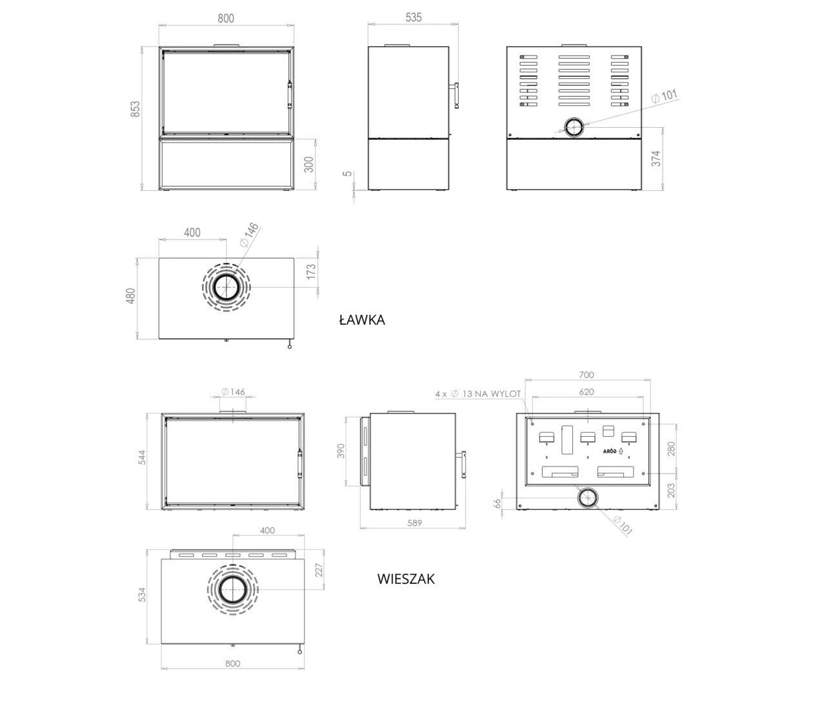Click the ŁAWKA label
click(x=362, y=320)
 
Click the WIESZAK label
click(x=406, y=579)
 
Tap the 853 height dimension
click(x=136, y=109)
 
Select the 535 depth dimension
click(x=413, y=17)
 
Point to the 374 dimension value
click(x=656, y=159)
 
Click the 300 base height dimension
click(x=309, y=165)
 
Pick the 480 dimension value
click(x=130, y=296)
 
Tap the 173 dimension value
click(x=311, y=272)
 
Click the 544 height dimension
click(x=142, y=457)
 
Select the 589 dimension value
click(x=414, y=523)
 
